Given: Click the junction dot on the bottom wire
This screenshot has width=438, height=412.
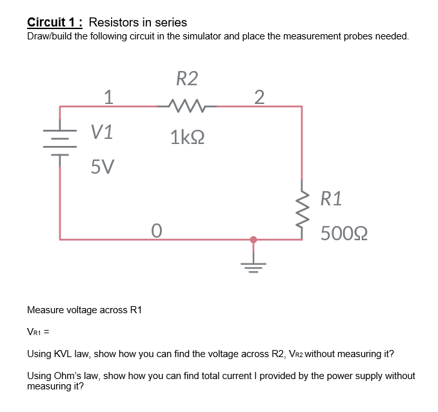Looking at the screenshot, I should (253, 240).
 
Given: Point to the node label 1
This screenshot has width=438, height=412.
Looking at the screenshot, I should (109, 97).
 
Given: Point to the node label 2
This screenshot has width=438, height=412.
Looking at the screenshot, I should (259, 97).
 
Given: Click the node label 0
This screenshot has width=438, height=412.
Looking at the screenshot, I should (155, 230).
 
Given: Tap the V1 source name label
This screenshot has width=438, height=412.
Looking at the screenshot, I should (102, 132).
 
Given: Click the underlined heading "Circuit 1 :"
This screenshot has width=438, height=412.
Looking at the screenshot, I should (55, 23).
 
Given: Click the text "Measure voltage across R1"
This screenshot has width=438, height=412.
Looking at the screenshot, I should (84, 310).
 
